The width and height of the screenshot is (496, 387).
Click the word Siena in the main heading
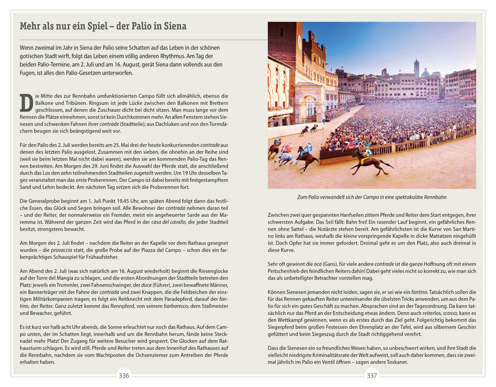pyautogui.click(x=172, y=27)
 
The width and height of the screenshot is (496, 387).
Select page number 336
pyautogui.click(x=124, y=376)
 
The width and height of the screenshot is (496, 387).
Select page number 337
pyautogui.click(x=372, y=376)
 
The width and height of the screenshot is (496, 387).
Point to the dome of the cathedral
pyautogui.click(x=426, y=72)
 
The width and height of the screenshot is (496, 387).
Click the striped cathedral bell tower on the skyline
pyautogui.click(x=416, y=68)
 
